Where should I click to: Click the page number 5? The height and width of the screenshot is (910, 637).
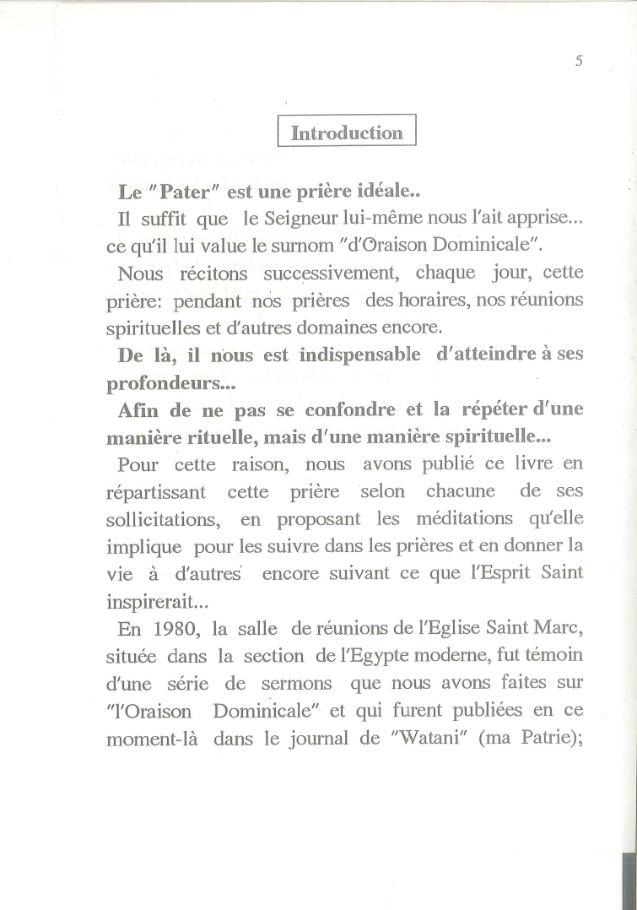pyautogui.click(x=580, y=61)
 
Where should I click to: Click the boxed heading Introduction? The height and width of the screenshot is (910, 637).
pyautogui.click(x=347, y=133)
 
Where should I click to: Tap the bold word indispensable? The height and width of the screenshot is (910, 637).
pyautogui.click(x=360, y=355)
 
